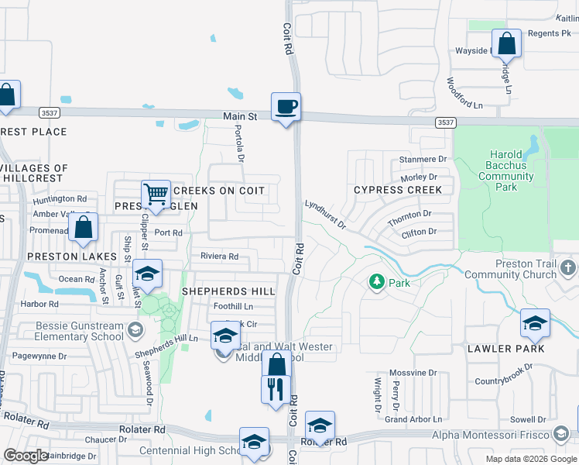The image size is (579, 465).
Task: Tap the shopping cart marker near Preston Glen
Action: click(156, 194)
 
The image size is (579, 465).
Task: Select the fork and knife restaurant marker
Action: click(276, 388)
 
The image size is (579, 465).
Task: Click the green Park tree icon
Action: click(377, 281)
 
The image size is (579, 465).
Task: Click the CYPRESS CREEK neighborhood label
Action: click(398, 190)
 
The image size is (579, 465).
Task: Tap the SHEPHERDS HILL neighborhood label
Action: click(228, 291)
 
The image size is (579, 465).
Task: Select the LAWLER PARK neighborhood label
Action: click(505, 349)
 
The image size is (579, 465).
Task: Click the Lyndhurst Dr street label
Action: click(325, 214)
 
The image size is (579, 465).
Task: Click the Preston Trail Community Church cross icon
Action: click(569, 268)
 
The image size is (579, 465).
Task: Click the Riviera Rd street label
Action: click(219, 257)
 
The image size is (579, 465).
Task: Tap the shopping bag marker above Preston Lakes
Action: click(83, 228)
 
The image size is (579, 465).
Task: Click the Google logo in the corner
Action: click(25, 456)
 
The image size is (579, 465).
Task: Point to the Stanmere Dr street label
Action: click(423, 160)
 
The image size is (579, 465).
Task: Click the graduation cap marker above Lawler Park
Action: click(534, 322)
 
